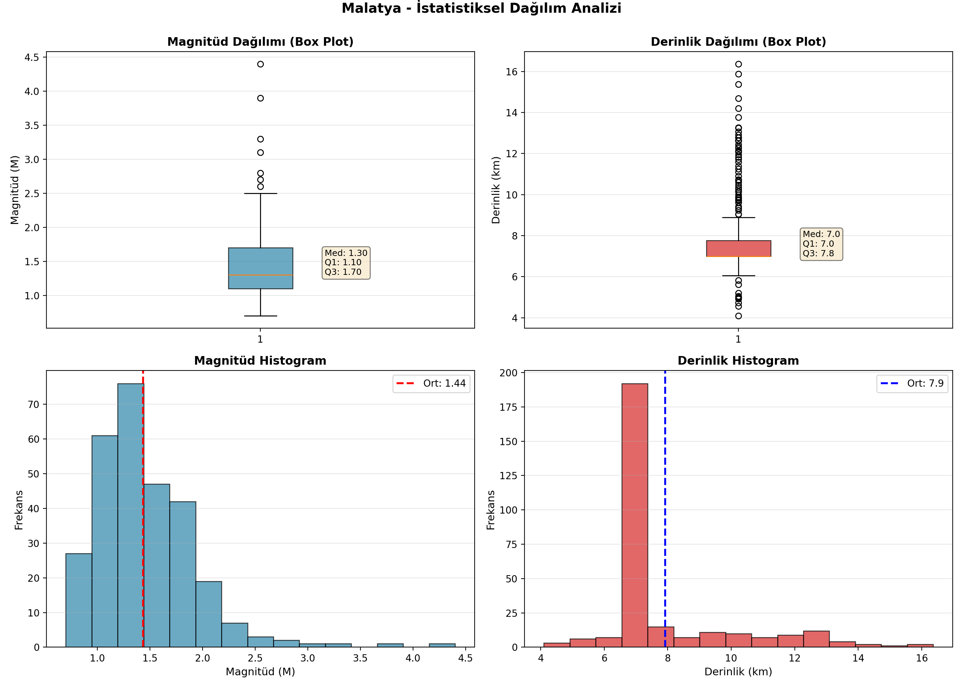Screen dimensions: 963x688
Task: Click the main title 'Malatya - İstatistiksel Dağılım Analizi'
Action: [x=481, y=9]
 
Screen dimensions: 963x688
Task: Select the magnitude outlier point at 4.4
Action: [x=260, y=64]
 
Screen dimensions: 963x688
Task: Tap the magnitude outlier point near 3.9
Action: [x=260, y=98]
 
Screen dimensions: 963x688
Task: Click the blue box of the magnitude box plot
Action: [x=260, y=268]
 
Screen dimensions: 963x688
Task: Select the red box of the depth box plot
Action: [x=738, y=249]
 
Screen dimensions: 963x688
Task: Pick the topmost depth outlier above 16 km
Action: [x=738, y=64]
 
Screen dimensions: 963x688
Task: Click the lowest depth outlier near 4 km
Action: [x=738, y=316]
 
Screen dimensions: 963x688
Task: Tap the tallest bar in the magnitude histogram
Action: [x=130, y=516]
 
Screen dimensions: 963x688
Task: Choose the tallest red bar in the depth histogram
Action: [x=635, y=516]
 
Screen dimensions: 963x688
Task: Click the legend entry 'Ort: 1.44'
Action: [x=431, y=384]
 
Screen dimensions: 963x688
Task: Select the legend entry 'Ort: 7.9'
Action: [x=912, y=384]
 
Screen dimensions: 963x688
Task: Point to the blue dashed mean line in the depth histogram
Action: [x=665, y=509]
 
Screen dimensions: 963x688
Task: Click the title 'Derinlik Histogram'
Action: [x=738, y=361]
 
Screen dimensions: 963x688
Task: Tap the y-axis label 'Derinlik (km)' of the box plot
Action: [x=496, y=190]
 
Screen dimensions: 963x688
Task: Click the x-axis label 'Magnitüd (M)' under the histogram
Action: [x=260, y=672]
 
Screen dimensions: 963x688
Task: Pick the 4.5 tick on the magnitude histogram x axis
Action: [x=465, y=658]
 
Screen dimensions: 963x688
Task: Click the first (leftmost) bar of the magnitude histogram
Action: [x=79, y=600]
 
